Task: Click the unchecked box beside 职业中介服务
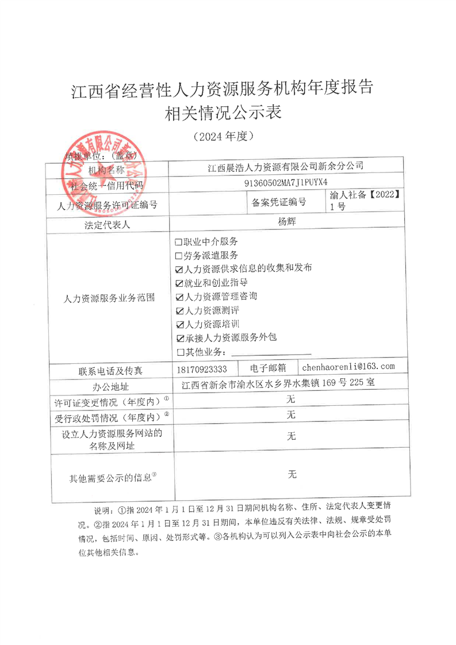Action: pos(178,242)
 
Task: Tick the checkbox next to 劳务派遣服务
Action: pos(178,256)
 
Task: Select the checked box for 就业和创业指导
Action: pos(179,283)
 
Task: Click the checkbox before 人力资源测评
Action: pos(179,311)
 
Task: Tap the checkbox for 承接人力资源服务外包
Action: pos(179,339)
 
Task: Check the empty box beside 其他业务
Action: pos(180,352)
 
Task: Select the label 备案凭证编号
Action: pos(279,202)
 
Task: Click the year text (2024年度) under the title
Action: pos(221,137)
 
